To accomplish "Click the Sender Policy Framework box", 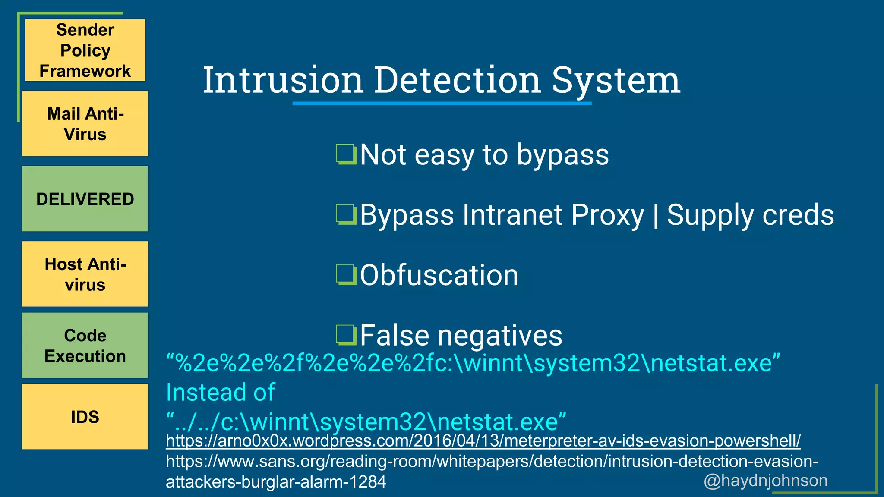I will pyautogui.click(x=85, y=50).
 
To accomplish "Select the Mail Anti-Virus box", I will pyautogui.click(x=85, y=124).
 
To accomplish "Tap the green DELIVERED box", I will pyautogui.click(x=85, y=199).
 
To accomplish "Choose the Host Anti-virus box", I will pyautogui.click(x=85, y=274).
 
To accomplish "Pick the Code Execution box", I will pyautogui.click(x=85, y=346).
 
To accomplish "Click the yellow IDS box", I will pyautogui.click(x=85, y=417).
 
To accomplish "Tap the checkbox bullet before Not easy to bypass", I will pyautogui.click(x=346, y=155).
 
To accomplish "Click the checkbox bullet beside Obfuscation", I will pyautogui.click(x=346, y=275).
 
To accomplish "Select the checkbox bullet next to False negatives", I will pyautogui.click(x=346, y=336).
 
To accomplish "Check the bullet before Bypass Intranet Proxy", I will pyautogui.click(x=346, y=215).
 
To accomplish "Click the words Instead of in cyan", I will pyautogui.click(x=221, y=392).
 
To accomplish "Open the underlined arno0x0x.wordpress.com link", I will pyautogui.click(x=483, y=441).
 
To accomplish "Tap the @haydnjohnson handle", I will pyautogui.click(x=765, y=481).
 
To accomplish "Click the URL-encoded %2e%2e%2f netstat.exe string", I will pyautogui.click(x=473, y=363).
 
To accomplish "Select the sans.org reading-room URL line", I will pyautogui.click(x=492, y=462).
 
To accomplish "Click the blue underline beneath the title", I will pyautogui.click(x=442, y=104).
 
